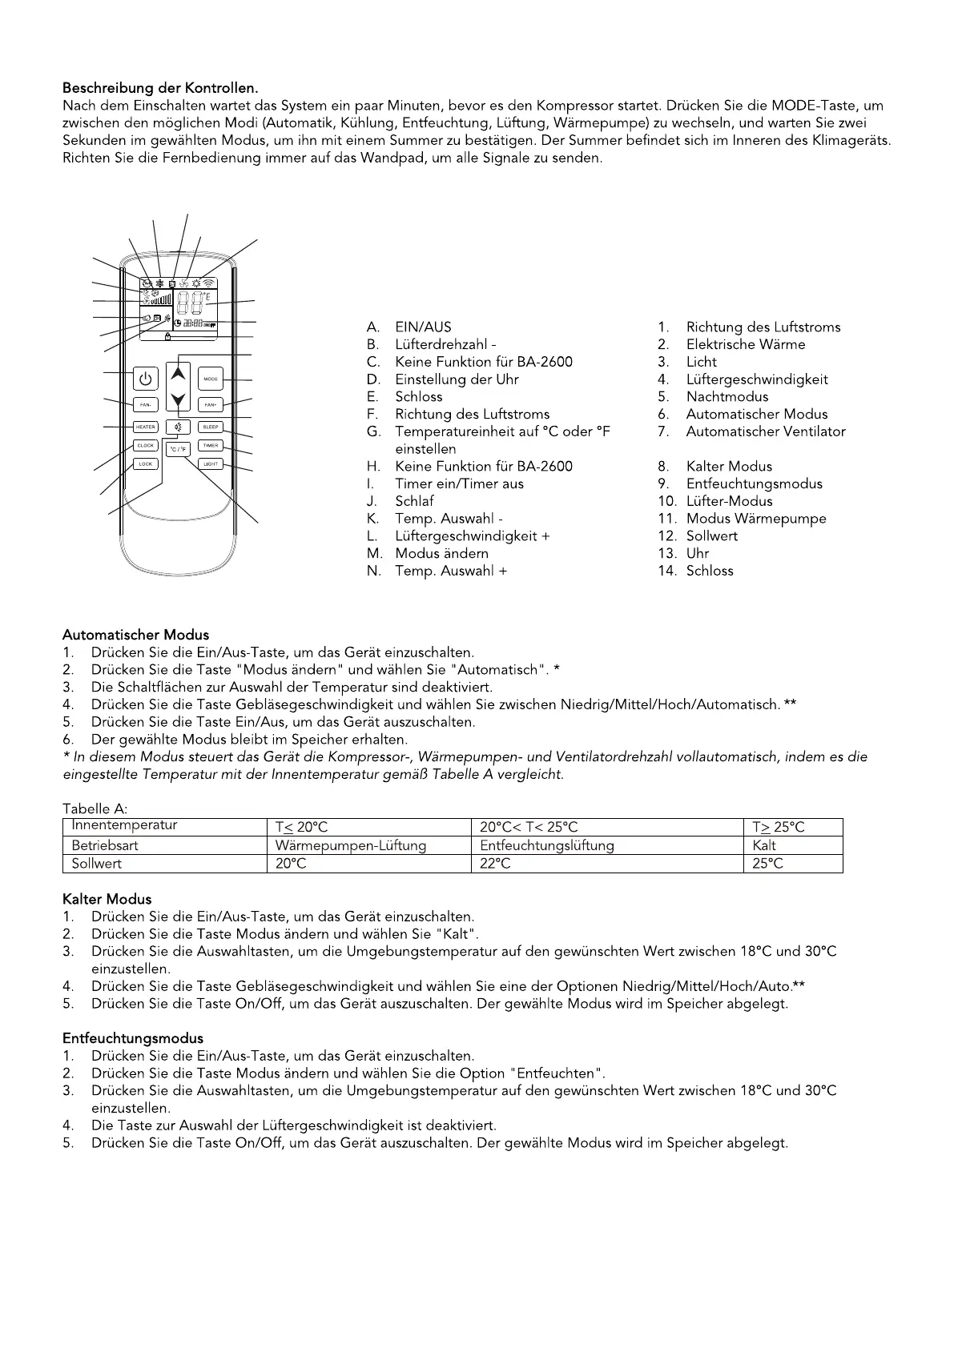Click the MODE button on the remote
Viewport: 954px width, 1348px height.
pyautogui.click(x=211, y=379)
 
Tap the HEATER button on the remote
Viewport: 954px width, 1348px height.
pyautogui.click(x=146, y=427)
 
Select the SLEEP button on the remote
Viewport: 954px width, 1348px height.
pyautogui.click(x=211, y=427)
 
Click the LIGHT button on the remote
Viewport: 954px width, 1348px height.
pyautogui.click(x=211, y=464)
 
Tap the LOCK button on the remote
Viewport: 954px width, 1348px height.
pyautogui.click(x=146, y=464)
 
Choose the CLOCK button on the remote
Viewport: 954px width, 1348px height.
pyautogui.click(x=146, y=446)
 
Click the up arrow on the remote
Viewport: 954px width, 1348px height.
pyautogui.click(x=179, y=374)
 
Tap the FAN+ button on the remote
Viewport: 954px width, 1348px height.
pyautogui.click(x=211, y=404)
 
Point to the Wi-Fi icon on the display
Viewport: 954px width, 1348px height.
pyautogui.click(x=209, y=283)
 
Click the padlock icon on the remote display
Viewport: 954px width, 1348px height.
pyautogui.click(x=167, y=337)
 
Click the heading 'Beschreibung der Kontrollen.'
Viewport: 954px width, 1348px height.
pyautogui.click(x=161, y=87)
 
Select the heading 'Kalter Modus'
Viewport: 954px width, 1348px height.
pyautogui.click(x=107, y=899)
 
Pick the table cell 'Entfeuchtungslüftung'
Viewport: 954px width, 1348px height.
pyautogui.click(x=547, y=845)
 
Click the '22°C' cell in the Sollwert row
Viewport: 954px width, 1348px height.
pyautogui.click(x=495, y=864)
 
